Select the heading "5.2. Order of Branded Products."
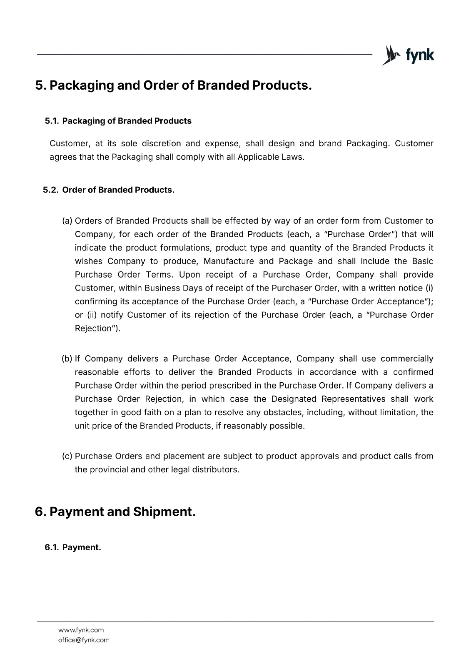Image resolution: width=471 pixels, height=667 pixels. click(109, 190)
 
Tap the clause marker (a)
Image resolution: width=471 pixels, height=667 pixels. click(67, 221)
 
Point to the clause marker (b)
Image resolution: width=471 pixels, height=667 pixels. click(67, 359)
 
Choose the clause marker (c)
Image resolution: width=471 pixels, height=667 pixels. click(67, 456)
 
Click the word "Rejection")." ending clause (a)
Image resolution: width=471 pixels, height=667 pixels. click(97, 328)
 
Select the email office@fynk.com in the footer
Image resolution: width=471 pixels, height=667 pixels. click(84, 640)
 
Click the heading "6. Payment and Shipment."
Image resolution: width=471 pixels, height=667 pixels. click(115, 512)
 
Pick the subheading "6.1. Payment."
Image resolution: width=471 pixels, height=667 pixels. click(73, 547)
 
